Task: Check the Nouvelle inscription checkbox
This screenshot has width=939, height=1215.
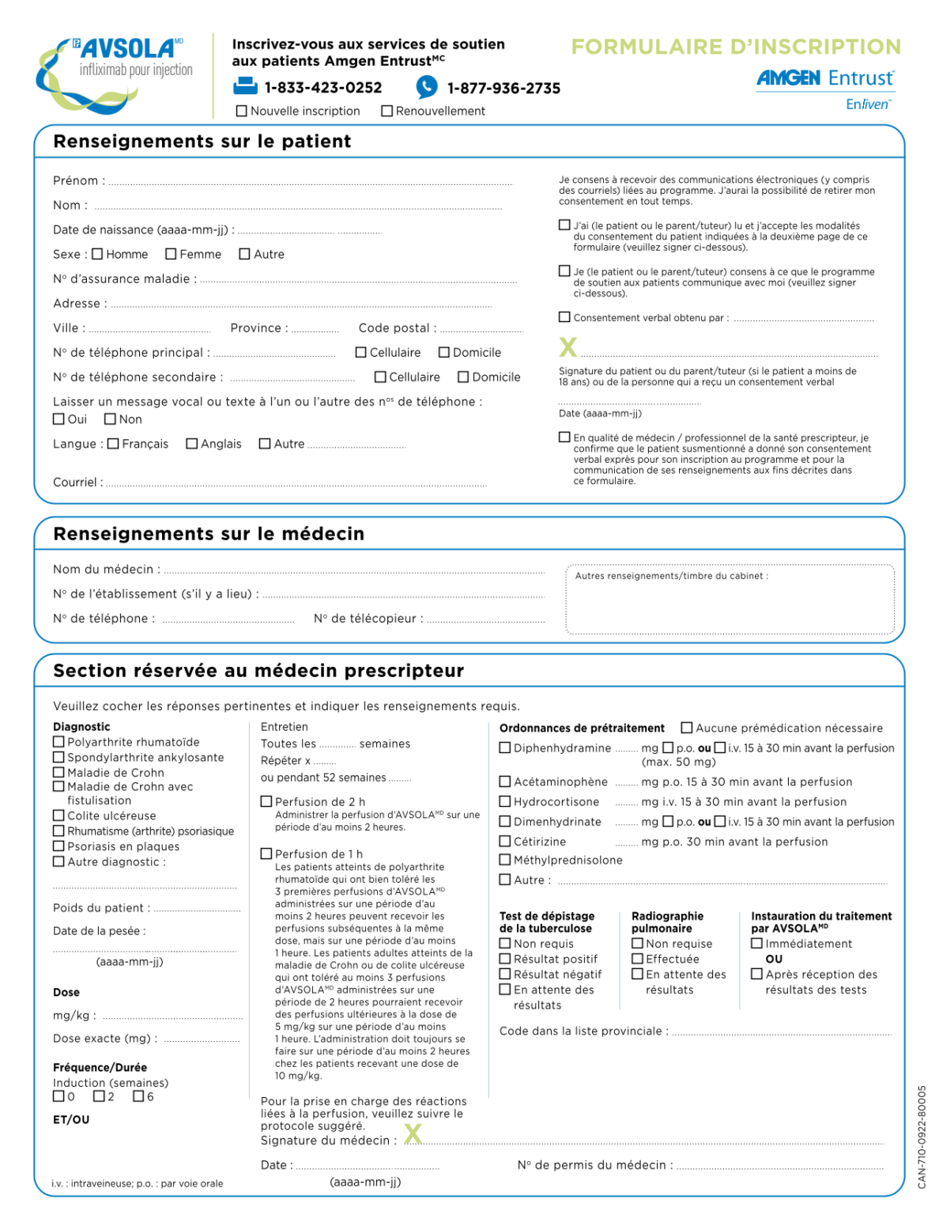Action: (242, 112)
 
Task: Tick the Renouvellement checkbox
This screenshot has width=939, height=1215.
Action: (387, 112)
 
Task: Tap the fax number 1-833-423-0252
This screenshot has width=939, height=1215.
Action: (322, 88)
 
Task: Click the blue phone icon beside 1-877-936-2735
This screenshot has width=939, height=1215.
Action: (427, 87)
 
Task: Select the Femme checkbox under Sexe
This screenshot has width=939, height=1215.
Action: (171, 254)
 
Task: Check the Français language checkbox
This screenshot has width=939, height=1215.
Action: (113, 444)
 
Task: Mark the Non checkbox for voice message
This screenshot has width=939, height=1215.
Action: (111, 419)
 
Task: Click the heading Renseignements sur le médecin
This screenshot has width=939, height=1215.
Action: (209, 534)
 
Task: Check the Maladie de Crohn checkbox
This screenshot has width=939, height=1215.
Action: (58, 773)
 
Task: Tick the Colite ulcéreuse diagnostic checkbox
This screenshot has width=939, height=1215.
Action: (58, 816)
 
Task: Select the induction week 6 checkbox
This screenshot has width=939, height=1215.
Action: (138, 1096)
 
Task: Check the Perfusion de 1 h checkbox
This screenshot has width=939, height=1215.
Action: (266, 854)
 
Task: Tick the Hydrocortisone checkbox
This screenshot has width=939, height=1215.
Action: (505, 801)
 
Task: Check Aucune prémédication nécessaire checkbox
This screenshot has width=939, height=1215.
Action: (687, 728)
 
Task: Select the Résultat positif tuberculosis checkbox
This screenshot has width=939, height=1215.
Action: (505, 959)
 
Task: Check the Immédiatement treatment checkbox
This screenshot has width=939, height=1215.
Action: (756, 944)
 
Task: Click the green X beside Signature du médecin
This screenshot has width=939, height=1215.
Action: (413, 1134)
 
